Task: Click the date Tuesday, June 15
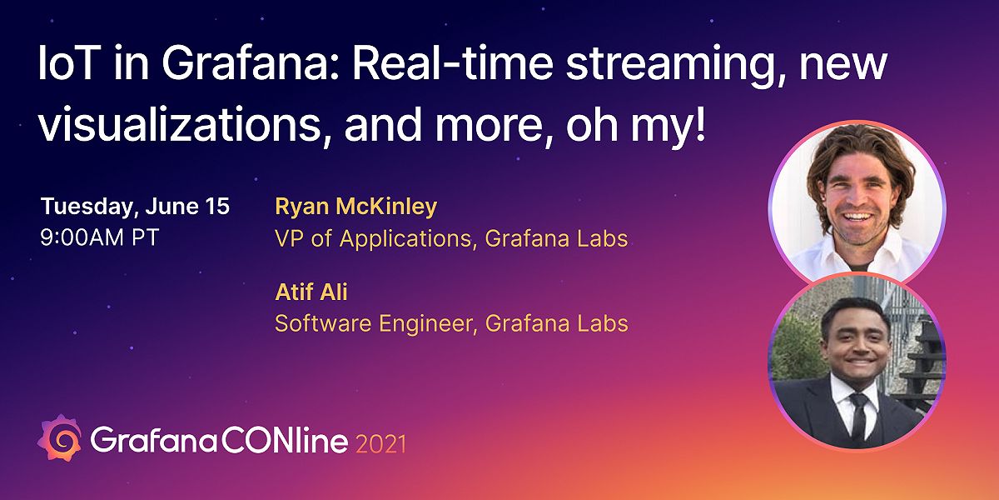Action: [135, 206]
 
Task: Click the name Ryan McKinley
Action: [355, 207]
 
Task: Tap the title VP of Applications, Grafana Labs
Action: [450, 239]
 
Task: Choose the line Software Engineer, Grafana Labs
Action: [450, 322]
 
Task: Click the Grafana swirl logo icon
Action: [61, 440]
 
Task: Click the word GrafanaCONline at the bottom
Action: [219, 441]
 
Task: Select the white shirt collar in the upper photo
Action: [832, 258]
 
